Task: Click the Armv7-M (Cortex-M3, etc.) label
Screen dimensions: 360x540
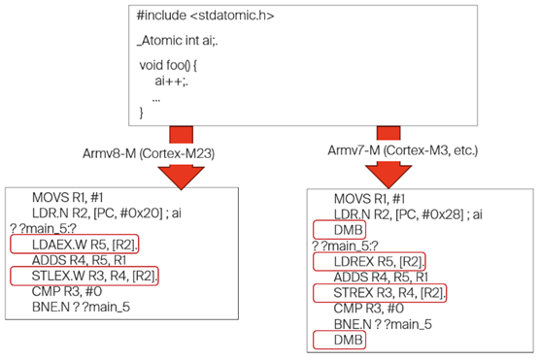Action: pyautogui.click(x=408, y=153)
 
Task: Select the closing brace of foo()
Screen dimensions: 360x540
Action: pyautogui.click(x=143, y=114)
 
